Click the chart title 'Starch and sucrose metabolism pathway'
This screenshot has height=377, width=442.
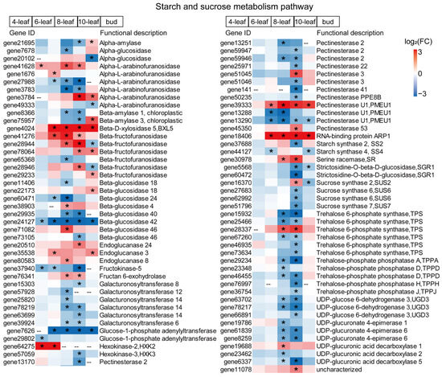(x=221, y=6)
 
